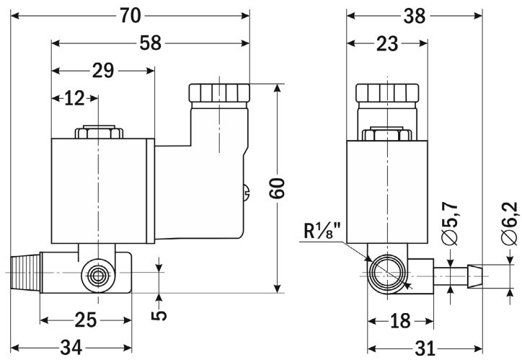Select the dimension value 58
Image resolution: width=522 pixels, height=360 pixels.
(x=150, y=44)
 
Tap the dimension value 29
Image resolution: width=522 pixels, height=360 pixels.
(x=103, y=71)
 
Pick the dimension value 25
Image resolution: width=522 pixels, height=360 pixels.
(x=86, y=317)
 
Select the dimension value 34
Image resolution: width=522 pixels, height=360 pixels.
(x=69, y=348)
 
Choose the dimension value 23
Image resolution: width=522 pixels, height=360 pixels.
(x=387, y=44)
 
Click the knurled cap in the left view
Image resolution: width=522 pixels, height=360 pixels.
(x=219, y=93)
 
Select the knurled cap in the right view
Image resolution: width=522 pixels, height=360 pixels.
(x=388, y=93)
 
